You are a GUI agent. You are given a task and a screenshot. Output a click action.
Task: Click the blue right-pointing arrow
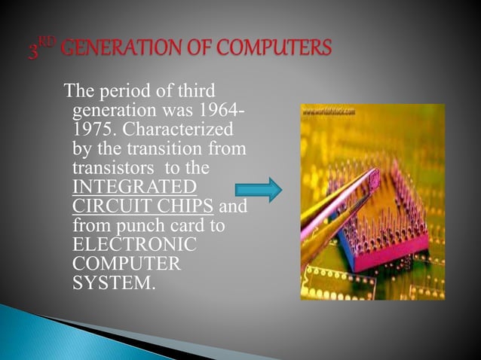coord(259,191)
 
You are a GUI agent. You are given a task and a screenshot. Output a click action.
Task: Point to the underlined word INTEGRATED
coord(133,185)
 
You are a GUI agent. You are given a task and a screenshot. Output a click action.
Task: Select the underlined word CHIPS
coord(181,205)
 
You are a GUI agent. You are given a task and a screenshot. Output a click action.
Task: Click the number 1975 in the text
coord(90,130)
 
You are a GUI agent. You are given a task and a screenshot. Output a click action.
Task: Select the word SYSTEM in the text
coord(105,284)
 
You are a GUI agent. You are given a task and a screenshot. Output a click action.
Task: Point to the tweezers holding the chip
coord(332,203)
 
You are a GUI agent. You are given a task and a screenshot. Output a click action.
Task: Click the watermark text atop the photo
coord(329,111)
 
